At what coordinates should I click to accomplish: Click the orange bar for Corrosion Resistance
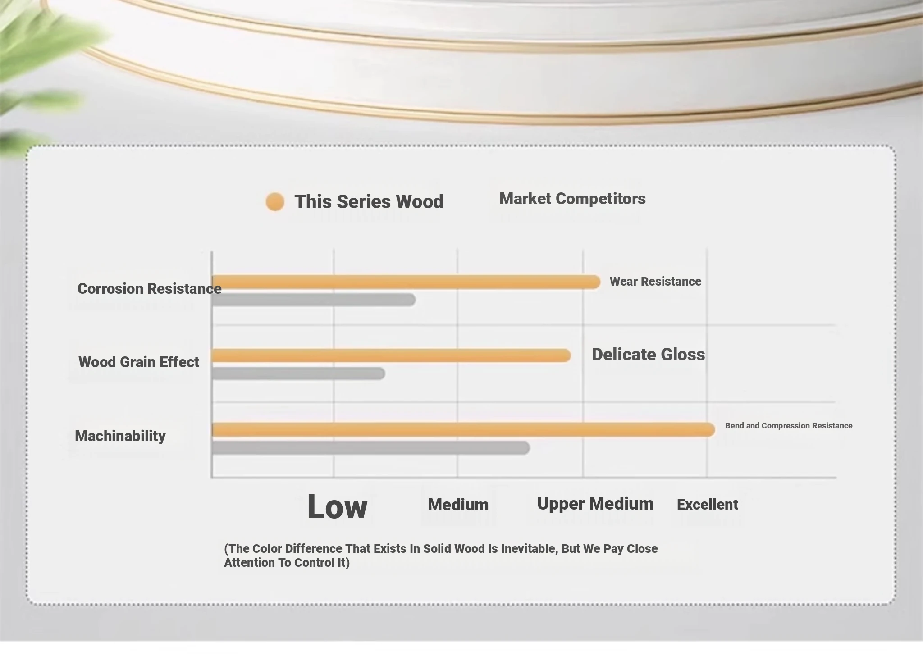pyautogui.click(x=406, y=282)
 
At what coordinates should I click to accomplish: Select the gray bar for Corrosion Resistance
pyautogui.click(x=314, y=300)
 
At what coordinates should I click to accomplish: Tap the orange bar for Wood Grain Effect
pyautogui.click(x=391, y=355)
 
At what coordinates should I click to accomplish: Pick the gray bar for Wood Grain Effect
pyautogui.click(x=298, y=374)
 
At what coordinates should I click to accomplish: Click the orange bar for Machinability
pyautogui.click(x=463, y=430)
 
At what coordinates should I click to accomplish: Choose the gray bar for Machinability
pyautogui.click(x=371, y=448)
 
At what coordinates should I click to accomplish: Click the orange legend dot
pyautogui.click(x=275, y=202)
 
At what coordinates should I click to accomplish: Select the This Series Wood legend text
pyautogui.click(x=369, y=201)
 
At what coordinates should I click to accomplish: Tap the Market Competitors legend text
pyautogui.click(x=572, y=199)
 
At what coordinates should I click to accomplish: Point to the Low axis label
pyautogui.click(x=337, y=507)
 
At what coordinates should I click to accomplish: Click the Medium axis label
pyautogui.click(x=458, y=505)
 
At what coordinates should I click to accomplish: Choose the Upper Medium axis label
pyautogui.click(x=595, y=504)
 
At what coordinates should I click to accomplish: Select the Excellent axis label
pyautogui.click(x=708, y=505)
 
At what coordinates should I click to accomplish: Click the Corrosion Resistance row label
pyautogui.click(x=149, y=288)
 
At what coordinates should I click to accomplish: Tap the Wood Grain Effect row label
pyautogui.click(x=139, y=362)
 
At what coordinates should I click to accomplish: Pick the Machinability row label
pyautogui.click(x=120, y=436)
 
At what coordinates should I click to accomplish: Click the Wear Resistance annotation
pyautogui.click(x=655, y=282)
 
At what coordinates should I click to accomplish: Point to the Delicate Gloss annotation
pyautogui.click(x=648, y=355)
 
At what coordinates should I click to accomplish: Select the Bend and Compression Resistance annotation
pyautogui.click(x=789, y=426)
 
